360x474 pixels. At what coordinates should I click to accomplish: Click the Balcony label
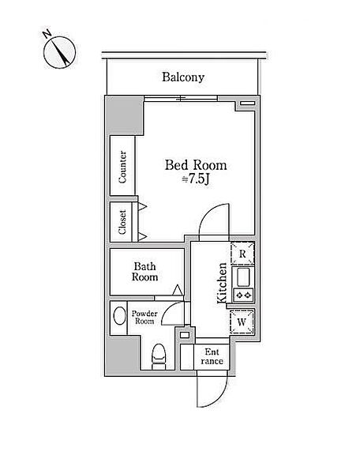pyautogui.click(x=183, y=77)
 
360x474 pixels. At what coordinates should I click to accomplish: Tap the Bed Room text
pyautogui.click(x=196, y=165)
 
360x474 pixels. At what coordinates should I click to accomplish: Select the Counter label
pyautogui.click(x=122, y=167)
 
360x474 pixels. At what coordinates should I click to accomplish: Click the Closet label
pyautogui.click(x=122, y=222)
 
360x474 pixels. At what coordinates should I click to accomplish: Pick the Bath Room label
pyautogui.click(x=145, y=272)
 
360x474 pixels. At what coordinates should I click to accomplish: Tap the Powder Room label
pyautogui.click(x=144, y=318)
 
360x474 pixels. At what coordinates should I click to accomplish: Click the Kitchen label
pyautogui.click(x=222, y=283)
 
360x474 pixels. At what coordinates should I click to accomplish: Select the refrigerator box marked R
pyautogui.click(x=242, y=254)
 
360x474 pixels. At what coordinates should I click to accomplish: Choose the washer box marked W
pyautogui.click(x=242, y=322)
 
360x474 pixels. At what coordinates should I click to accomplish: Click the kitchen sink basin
pyautogui.click(x=243, y=277)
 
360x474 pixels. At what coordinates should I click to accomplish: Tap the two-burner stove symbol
pyautogui.click(x=243, y=295)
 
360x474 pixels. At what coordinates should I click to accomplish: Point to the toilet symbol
pyautogui.click(x=159, y=357)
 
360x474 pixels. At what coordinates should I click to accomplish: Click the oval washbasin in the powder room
pyautogui.click(x=119, y=316)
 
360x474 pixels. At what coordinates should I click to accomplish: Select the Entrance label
pyautogui.click(x=212, y=356)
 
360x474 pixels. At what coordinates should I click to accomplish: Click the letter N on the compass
pyautogui.click(x=47, y=34)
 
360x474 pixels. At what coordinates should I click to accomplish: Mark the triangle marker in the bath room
pyautogui.click(x=178, y=290)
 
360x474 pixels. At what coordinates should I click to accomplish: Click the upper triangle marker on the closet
pyautogui.click(x=142, y=206)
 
